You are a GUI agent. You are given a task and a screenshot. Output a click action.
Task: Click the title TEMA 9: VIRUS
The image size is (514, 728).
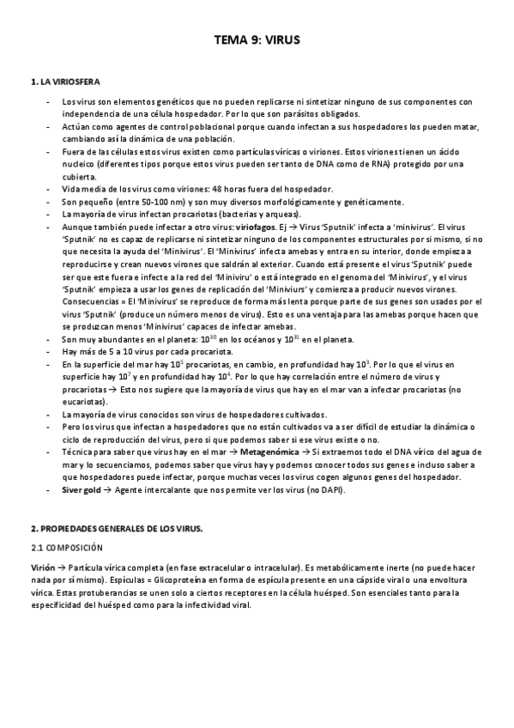pyautogui.click(x=257, y=39)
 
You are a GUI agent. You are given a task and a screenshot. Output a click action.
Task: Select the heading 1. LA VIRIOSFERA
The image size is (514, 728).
pyautogui.click(x=65, y=82)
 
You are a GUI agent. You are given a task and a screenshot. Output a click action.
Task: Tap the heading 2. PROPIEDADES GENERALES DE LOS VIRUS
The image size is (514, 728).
pyautogui.click(x=116, y=529)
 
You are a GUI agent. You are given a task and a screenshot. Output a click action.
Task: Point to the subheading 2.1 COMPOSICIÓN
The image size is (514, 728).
pyautogui.click(x=67, y=547)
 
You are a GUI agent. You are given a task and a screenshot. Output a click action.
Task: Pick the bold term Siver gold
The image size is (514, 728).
pyautogui.click(x=82, y=489)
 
